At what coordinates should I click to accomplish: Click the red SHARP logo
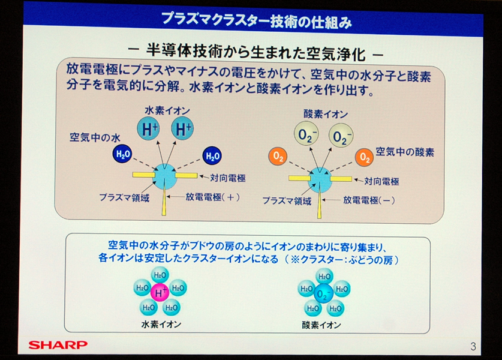point(58,344)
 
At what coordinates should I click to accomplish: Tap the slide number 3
point(473,346)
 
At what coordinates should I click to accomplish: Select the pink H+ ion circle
point(160,292)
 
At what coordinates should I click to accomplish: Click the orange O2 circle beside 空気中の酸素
point(364,157)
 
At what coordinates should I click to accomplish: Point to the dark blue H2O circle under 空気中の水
point(122,154)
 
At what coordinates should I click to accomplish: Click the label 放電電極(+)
point(212,197)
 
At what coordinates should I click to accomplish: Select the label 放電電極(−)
point(369,200)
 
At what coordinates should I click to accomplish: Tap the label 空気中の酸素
point(405,152)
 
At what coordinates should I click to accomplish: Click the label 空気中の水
point(95,137)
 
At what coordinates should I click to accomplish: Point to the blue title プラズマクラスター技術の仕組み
point(257,20)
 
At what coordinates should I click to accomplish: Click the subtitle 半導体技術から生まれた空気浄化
point(256,53)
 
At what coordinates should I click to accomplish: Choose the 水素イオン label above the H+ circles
point(167,111)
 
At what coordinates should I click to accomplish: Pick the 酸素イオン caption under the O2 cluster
point(321,325)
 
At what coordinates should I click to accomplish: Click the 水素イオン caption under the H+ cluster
point(161,324)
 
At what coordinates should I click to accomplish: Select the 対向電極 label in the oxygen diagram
point(381,181)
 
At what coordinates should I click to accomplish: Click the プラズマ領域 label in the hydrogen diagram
point(124,197)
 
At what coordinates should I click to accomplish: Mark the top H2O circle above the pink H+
point(160,275)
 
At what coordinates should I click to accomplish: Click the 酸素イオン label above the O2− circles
point(325,114)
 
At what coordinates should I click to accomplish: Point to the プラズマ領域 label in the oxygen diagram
point(287,201)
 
